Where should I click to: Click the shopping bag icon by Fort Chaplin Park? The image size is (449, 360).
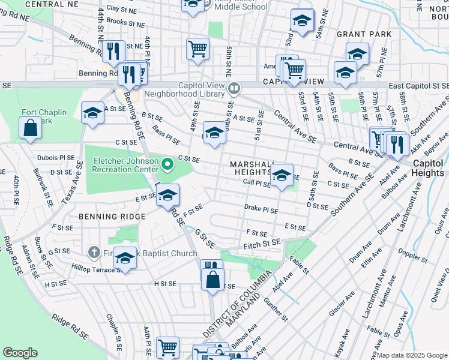tap(30, 128)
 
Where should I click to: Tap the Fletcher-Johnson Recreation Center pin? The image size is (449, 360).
tap(168, 163)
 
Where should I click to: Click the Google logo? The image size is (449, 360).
tap(20, 352)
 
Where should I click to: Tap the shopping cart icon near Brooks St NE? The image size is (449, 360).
tap(197, 49)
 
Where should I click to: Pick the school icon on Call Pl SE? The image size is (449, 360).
tap(282, 175)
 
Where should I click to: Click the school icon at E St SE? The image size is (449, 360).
tap(167, 194)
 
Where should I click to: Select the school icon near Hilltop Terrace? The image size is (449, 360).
tap(125, 257)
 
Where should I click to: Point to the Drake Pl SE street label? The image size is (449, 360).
tap(261, 211)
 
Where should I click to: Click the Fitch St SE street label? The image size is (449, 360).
tap(262, 244)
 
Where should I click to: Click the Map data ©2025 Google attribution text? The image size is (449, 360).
tap(411, 355)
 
